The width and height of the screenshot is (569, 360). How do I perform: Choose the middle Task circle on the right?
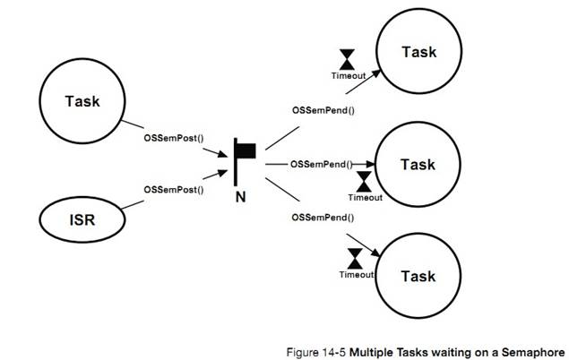pyautogui.click(x=417, y=165)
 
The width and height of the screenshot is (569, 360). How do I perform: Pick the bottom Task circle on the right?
pyautogui.click(x=417, y=276)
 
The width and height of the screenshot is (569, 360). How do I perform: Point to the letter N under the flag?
pyautogui.click(x=240, y=196)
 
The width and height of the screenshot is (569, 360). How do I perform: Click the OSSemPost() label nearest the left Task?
pyautogui.click(x=174, y=139)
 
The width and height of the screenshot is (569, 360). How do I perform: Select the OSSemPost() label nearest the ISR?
pyautogui.click(x=174, y=190)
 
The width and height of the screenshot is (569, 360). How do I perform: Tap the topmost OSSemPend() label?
pyautogui.click(x=323, y=110)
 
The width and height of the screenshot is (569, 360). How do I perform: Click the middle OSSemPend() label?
pyautogui.click(x=321, y=164)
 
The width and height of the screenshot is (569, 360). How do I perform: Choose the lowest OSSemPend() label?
pyautogui.click(x=323, y=218)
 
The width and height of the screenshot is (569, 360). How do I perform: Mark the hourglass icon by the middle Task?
pyautogui.click(x=364, y=180)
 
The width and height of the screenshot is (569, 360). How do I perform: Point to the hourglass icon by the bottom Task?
pyautogui.click(x=355, y=258)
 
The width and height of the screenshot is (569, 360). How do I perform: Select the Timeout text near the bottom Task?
pyautogui.click(x=356, y=274)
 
